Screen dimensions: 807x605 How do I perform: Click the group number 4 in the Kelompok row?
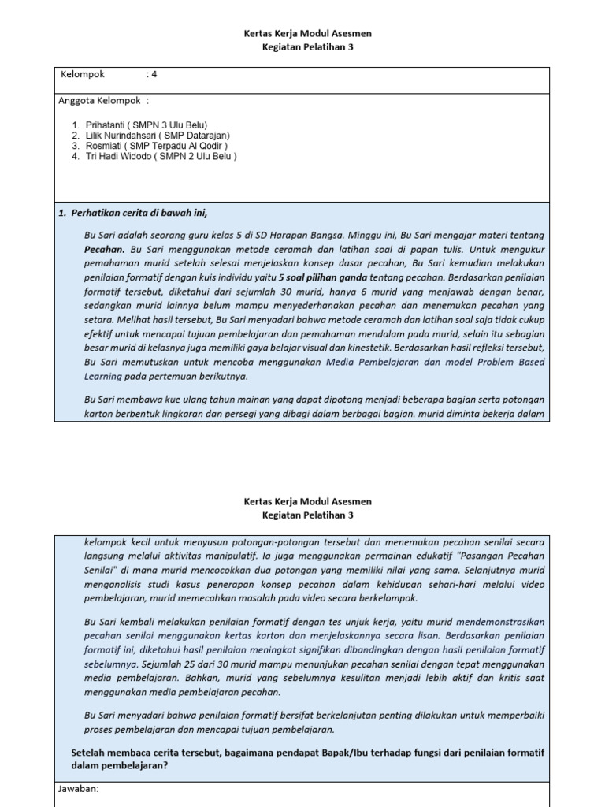coord(154,75)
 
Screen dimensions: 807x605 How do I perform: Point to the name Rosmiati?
coord(103,146)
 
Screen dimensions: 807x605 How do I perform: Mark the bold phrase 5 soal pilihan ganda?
coord(324,278)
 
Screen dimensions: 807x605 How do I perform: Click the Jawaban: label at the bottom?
coord(78,787)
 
